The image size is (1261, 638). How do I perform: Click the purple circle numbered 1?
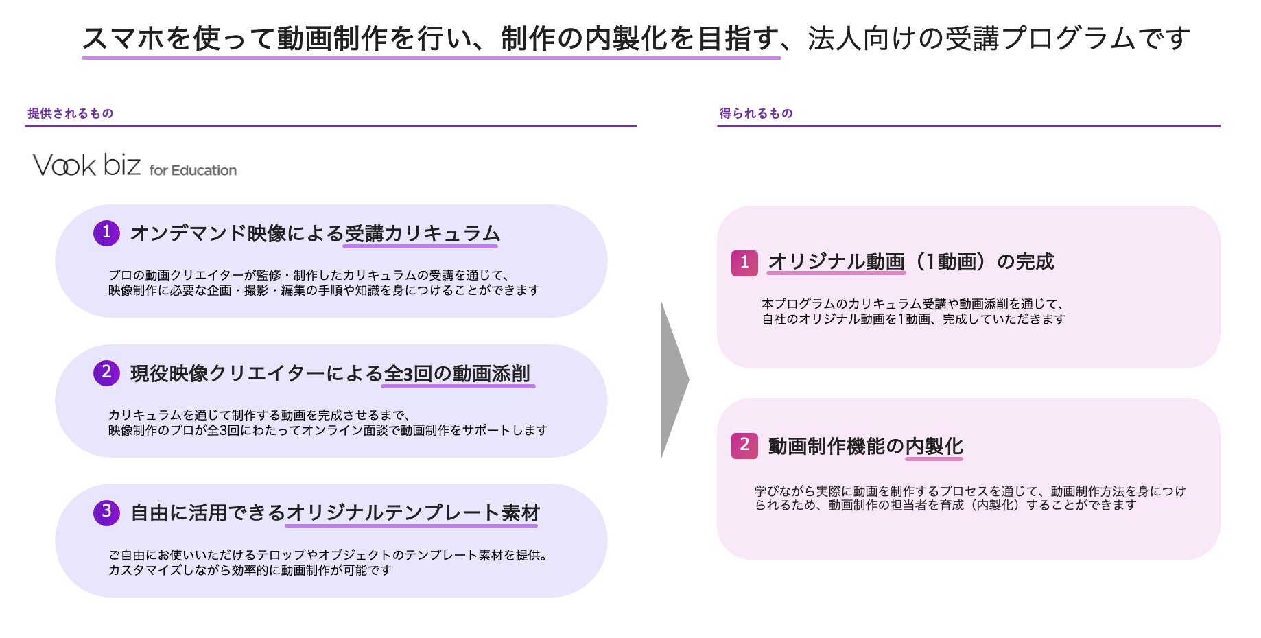point(106,233)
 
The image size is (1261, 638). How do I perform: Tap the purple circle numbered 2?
point(106,373)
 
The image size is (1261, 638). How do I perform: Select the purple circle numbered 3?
point(106,512)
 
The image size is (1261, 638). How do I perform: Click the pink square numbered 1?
point(744,263)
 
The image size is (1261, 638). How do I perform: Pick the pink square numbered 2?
point(744,445)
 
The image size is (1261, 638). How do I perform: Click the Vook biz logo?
point(86,165)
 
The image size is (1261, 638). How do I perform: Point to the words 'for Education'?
point(193,170)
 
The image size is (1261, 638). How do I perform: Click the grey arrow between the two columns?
point(674,379)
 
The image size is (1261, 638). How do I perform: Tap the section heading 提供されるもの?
point(70,113)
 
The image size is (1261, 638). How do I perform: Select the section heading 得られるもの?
point(755,113)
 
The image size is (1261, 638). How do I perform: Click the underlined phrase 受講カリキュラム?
point(422,234)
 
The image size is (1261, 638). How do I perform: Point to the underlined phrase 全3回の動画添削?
point(457,374)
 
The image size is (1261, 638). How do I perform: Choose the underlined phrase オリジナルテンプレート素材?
point(412,513)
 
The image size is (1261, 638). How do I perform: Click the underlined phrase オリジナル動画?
point(836,262)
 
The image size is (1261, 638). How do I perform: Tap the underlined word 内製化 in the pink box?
point(934,447)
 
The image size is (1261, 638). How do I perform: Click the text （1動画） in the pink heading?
point(951,262)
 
